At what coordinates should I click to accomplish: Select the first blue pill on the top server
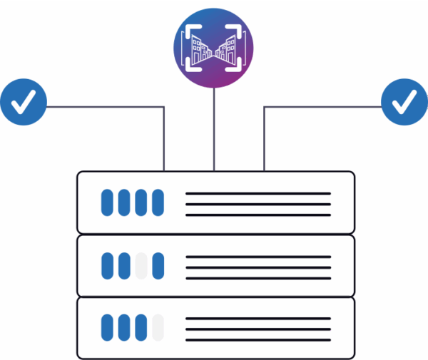click(x=108, y=202)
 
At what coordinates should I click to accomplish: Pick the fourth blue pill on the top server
click(x=158, y=202)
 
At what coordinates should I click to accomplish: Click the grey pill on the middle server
click(x=141, y=265)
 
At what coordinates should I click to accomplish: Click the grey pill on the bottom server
click(x=158, y=328)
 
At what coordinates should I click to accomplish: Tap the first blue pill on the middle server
click(x=108, y=265)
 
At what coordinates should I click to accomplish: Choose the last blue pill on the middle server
click(x=158, y=265)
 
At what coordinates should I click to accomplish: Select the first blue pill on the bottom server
click(x=108, y=328)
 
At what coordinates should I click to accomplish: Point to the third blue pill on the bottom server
click(x=141, y=328)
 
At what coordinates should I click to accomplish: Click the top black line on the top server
click(x=258, y=193)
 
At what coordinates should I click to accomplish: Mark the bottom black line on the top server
click(x=258, y=214)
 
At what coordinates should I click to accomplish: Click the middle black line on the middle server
click(x=258, y=267)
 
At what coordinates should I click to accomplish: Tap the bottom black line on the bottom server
click(x=258, y=339)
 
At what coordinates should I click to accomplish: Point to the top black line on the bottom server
click(x=258, y=319)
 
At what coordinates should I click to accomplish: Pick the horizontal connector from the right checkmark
click(x=321, y=108)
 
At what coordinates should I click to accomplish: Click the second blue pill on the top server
click(x=125, y=202)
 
